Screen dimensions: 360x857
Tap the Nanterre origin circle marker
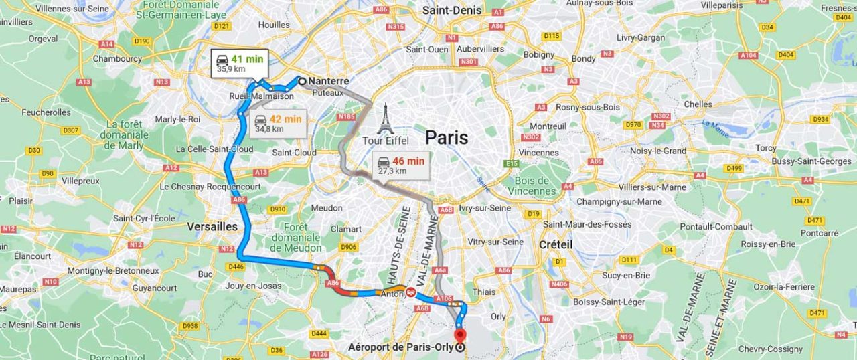click(302, 81)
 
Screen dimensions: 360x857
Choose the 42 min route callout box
click(278, 124)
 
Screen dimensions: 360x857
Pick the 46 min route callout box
click(400, 165)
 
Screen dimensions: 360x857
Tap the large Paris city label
click(447, 138)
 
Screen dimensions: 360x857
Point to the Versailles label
click(212, 227)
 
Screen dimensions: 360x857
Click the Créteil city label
click(556, 245)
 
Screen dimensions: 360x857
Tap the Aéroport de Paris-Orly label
click(400, 347)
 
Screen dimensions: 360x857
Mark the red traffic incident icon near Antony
click(410, 292)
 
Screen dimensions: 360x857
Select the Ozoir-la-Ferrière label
click(761, 287)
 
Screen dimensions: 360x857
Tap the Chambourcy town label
click(117, 58)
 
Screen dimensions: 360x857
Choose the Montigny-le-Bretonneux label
click(112, 270)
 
